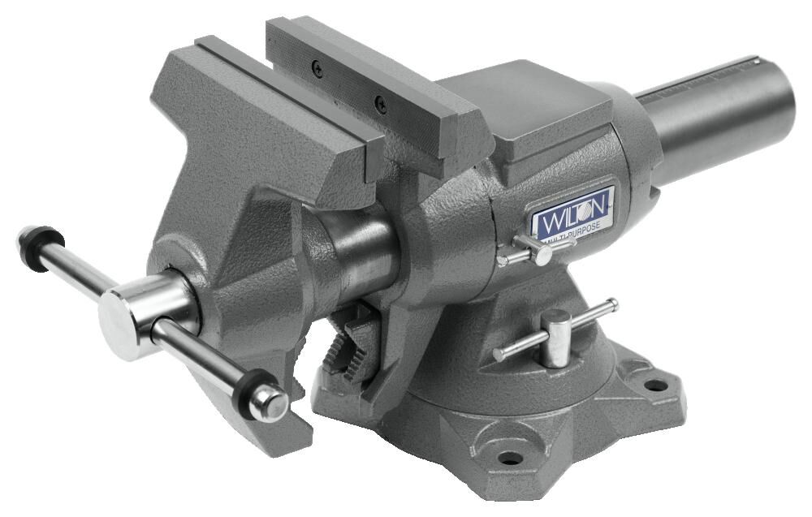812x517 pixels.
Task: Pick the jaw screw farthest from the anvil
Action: (317, 71)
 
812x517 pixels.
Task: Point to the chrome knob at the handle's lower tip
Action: (269, 403)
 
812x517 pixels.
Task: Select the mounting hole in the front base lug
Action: (509, 458)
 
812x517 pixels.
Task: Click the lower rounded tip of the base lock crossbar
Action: (499, 355)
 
